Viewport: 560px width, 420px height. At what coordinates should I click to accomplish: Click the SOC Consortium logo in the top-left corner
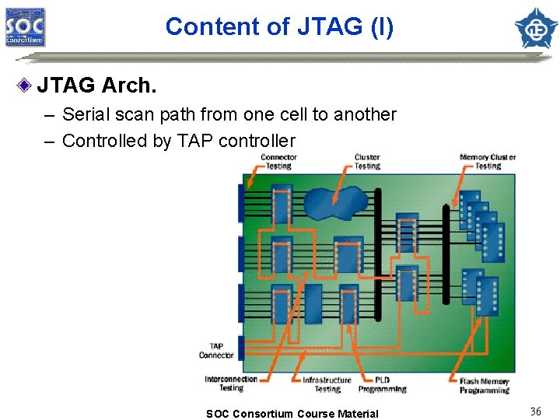click(26, 27)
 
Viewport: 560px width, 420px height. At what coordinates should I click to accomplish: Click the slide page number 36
click(535, 411)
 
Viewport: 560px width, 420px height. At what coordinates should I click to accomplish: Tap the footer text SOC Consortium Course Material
click(292, 414)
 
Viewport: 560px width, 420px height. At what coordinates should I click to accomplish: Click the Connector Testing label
click(278, 162)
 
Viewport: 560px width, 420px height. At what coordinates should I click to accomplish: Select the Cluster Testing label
click(367, 162)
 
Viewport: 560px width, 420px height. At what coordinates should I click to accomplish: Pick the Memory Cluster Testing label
click(488, 162)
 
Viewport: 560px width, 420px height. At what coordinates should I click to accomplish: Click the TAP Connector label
click(216, 351)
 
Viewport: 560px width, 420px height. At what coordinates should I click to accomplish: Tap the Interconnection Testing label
click(230, 383)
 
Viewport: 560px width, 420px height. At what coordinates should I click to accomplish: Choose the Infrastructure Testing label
click(327, 384)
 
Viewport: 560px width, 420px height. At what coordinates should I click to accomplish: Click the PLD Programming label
click(382, 384)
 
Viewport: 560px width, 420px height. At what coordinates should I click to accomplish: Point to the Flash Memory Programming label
click(485, 385)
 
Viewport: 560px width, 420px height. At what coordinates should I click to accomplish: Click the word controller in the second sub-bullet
click(257, 141)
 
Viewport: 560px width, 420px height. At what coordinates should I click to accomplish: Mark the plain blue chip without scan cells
click(313, 303)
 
